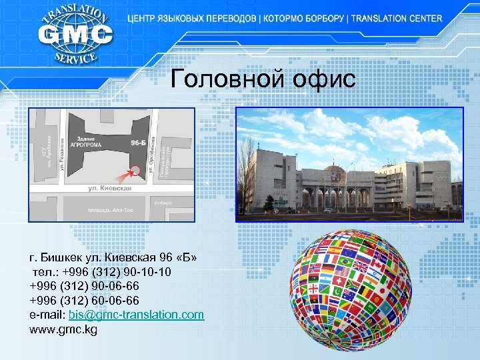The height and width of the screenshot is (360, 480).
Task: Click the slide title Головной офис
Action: [263, 79]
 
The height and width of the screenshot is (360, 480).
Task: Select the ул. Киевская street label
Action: [110, 188]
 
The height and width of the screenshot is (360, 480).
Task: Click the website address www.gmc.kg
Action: [63, 329]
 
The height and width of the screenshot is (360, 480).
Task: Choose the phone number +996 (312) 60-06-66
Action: [84, 300]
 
